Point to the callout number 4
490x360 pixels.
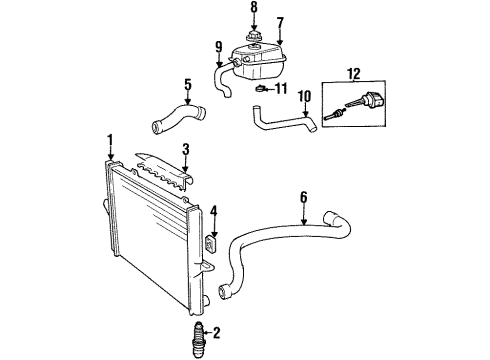click(x=213, y=212)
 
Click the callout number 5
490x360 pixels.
click(x=187, y=85)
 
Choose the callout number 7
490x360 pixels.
click(x=281, y=22)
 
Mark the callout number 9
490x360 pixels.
click(x=218, y=46)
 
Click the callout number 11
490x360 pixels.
click(x=282, y=89)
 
